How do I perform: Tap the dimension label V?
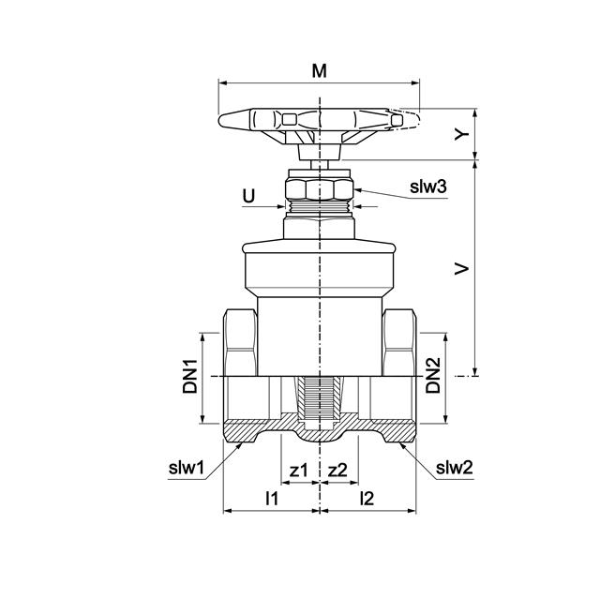461,268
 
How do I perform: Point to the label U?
248,196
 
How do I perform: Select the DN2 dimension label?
432,376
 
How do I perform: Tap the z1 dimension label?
298,470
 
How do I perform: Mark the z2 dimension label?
338,470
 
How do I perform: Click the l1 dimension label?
271,498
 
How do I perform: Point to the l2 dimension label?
367,498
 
